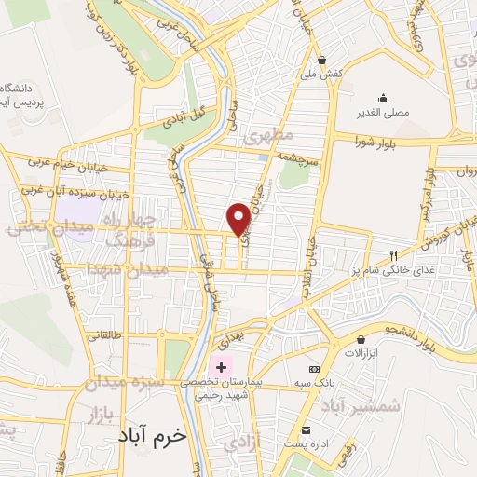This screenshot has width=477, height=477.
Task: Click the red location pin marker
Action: [x=238, y=218]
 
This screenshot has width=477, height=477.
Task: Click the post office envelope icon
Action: [x=307, y=429]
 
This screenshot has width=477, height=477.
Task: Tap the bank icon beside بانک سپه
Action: [x=314, y=370]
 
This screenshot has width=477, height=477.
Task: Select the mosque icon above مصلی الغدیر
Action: [x=383, y=98]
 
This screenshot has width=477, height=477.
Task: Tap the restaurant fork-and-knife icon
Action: [x=394, y=254]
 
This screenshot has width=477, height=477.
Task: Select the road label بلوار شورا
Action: [x=376, y=141]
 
